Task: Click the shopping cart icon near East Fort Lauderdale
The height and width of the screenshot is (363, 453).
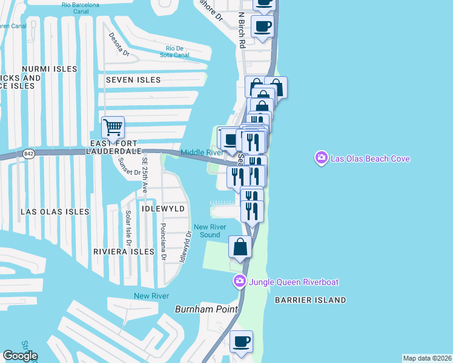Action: pos(113,128)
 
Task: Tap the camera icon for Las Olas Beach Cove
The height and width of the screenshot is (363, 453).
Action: pos(320,159)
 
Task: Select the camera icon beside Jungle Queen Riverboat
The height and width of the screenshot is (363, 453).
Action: pos(240,282)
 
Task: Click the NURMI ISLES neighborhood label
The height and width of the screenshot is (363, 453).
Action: pos(49,70)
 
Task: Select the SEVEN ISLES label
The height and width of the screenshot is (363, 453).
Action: pos(133,80)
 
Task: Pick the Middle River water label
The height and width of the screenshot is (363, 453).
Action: pos(202,153)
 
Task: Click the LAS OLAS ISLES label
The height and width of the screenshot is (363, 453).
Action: pos(55,212)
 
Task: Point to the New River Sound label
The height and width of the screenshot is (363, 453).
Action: pos(210,231)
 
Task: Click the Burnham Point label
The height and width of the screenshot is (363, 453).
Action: pos(206,309)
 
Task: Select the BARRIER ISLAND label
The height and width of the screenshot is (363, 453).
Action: pos(310,300)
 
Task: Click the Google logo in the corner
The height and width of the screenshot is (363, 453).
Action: pos(20,356)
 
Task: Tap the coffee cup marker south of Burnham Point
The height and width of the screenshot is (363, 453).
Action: pos(241,341)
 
